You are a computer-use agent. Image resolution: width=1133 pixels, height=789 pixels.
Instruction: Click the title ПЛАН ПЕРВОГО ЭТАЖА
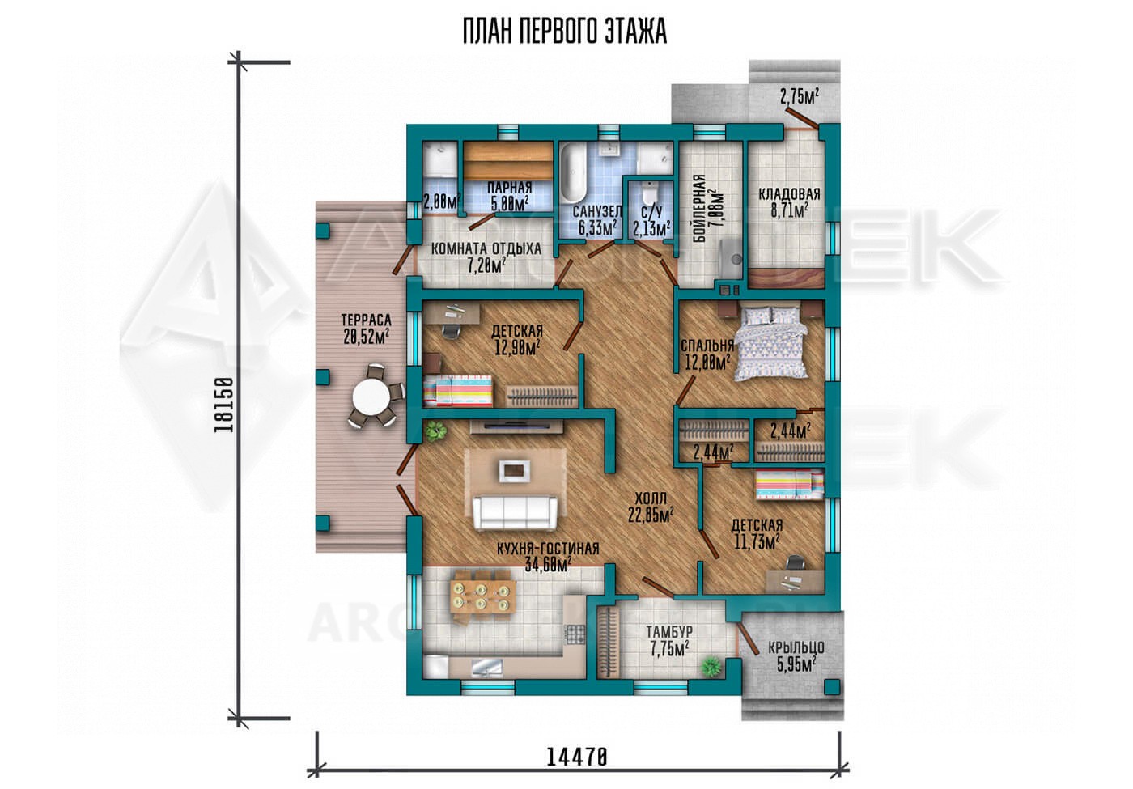tap(565, 32)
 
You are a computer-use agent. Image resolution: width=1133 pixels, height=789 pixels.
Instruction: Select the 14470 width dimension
tap(576, 771)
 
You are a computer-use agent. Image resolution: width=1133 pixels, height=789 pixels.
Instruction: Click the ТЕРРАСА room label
tap(366, 320)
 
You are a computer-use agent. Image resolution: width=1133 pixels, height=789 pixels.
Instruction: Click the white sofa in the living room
tap(515, 512)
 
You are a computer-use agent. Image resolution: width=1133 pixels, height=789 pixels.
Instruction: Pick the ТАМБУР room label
tap(668, 632)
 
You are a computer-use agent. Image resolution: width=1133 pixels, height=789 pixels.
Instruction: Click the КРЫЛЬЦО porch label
tap(796, 647)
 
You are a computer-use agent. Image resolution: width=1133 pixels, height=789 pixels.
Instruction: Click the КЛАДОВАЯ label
tap(789, 193)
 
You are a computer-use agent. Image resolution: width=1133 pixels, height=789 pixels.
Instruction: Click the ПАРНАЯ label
tap(509, 188)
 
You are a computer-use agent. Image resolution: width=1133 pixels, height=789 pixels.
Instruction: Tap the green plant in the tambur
tap(711, 665)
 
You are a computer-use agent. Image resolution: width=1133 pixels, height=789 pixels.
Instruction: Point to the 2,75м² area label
tap(800, 96)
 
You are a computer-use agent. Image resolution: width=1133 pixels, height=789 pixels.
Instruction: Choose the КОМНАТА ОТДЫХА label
tap(486, 248)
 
